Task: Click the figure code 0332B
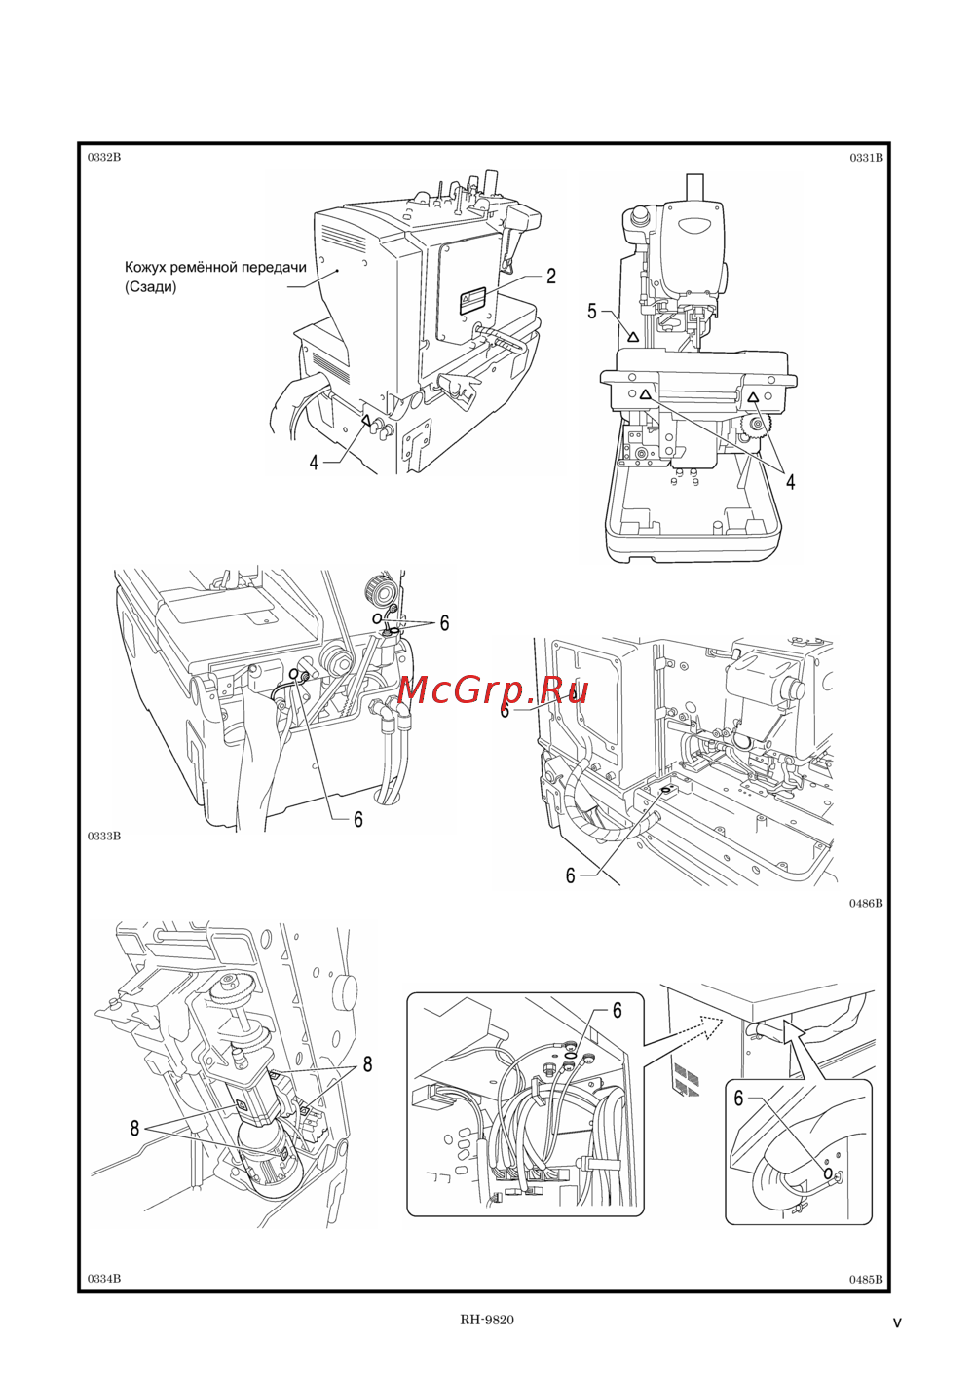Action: coord(104,157)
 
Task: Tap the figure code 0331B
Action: coord(866,158)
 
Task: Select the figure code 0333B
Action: coord(104,836)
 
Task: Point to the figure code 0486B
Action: coord(866,903)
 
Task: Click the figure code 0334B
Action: coord(104,1279)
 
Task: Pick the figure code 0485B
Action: coord(866,1279)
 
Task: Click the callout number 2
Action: coord(551,277)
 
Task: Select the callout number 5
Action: coord(592,312)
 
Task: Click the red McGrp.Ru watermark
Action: coord(492,690)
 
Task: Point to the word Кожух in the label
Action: coord(144,268)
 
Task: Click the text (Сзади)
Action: coord(151,287)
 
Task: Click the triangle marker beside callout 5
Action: coord(632,337)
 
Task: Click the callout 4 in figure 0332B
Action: coord(315,463)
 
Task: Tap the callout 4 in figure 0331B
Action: coord(790,482)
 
